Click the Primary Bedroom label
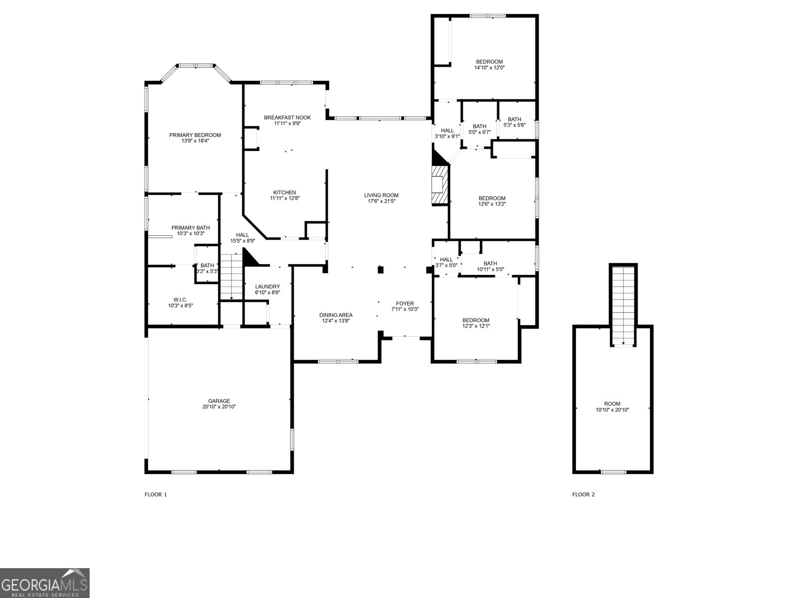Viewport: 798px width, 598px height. [x=195, y=135]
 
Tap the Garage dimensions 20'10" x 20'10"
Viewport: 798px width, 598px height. [x=219, y=407]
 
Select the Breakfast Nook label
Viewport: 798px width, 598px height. [x=287, y=118]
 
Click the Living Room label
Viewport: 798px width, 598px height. [x=381, y=195]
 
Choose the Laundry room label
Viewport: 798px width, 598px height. [x=267, y=287]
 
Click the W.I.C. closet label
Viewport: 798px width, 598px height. [x=180, y=299]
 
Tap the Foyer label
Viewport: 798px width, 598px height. [x=404, y=303]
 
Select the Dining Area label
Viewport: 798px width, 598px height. [x=336, y=315]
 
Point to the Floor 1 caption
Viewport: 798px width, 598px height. [x=156, y=494]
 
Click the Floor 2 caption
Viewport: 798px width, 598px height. [x=583, y=494]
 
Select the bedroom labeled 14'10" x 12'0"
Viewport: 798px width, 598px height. [x=489, y=62]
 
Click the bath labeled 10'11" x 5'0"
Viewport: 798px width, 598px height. [x=490, y=264]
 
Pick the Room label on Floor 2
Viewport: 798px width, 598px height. [x=612, y=404]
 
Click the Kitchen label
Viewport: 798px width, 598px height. [x=284, y=192]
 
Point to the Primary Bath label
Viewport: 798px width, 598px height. [x=188, y=228]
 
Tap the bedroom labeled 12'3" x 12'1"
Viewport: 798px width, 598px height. [x=475, y=320]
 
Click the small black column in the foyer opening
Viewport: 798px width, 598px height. [x=381, y=270]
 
